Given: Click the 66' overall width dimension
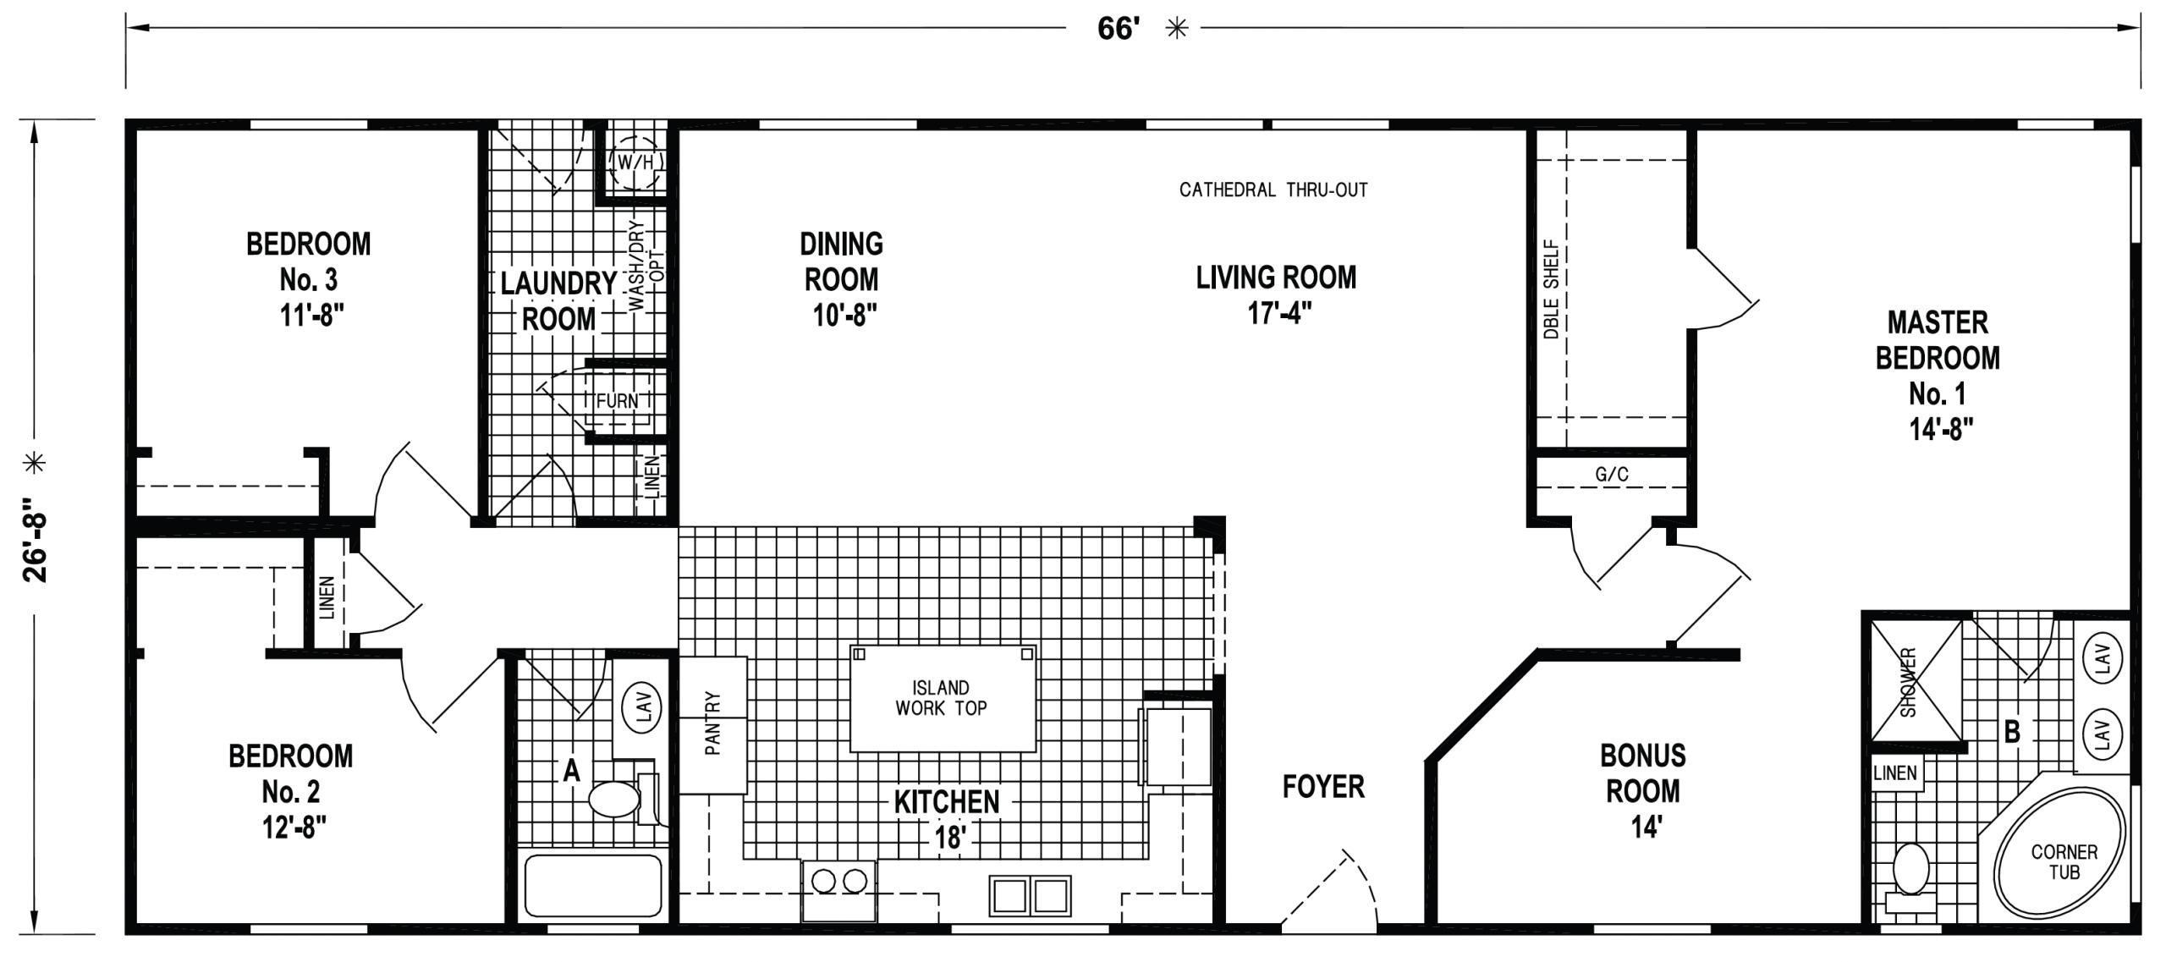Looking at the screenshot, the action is pyautogui.click(x=1119, y=29).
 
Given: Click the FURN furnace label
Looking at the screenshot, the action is pyautogui.click(x=617, y=401).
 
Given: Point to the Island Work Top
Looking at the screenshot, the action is pyautogui.click(x=943, y=699).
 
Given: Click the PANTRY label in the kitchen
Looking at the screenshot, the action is pyautogui.click(x=712, y=723).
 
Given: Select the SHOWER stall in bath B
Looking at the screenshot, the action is pyautogui.click(x=1916, y=681).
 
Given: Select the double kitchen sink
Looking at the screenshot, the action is pyautogui.click(x=1030, y=895).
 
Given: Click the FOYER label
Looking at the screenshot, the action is pyautogui.click(x=1323, y=787).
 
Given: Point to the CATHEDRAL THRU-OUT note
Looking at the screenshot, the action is pyautogui.click(x=1273, y=190).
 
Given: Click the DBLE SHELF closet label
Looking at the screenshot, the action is pyautogui.click(x=1551, y=289).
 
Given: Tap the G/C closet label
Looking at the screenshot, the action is pyautogui.click(x=1612, y=475).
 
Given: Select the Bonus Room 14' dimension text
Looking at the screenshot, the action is pyautogui.click(x=1646, y=827).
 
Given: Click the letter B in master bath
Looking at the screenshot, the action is pyautogui.click(x=2012, y=731).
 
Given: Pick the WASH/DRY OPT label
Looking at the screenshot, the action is pyautogui.click(x=646, y=267).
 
